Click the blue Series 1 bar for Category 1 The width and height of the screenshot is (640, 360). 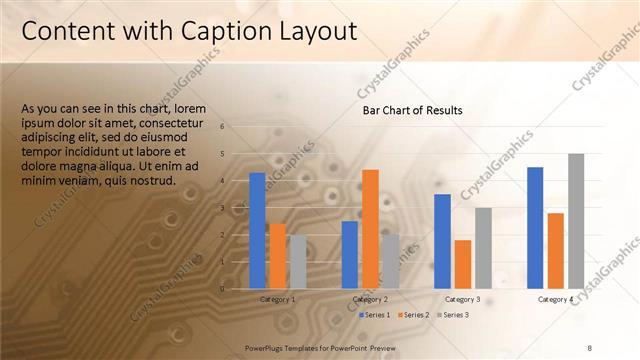pos(257,231)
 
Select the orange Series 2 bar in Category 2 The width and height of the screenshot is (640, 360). pos(370,229)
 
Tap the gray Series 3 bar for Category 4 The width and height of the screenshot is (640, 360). pos(576,221)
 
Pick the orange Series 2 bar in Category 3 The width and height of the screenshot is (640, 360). pos(463,264)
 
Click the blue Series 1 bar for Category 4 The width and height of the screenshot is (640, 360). pos(535,228)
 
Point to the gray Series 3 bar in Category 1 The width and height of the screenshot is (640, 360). pos(298,262)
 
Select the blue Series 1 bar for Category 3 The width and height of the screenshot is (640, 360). pos(442,241)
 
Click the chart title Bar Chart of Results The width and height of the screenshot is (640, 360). pos(412,111)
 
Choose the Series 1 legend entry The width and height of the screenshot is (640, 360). pos(375,315)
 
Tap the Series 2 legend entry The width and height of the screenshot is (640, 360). pos(415,315)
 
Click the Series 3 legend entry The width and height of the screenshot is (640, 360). pos(454,315)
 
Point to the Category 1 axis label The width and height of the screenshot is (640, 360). pos(277,299)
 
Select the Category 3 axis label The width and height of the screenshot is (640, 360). pos(463,299)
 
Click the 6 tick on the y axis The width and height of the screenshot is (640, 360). pos(236,127)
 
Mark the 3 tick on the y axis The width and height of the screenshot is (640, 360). pos(236,208)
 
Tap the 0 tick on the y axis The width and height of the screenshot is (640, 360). pos(236,289)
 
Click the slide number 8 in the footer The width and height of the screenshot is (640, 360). pos(589,347)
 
